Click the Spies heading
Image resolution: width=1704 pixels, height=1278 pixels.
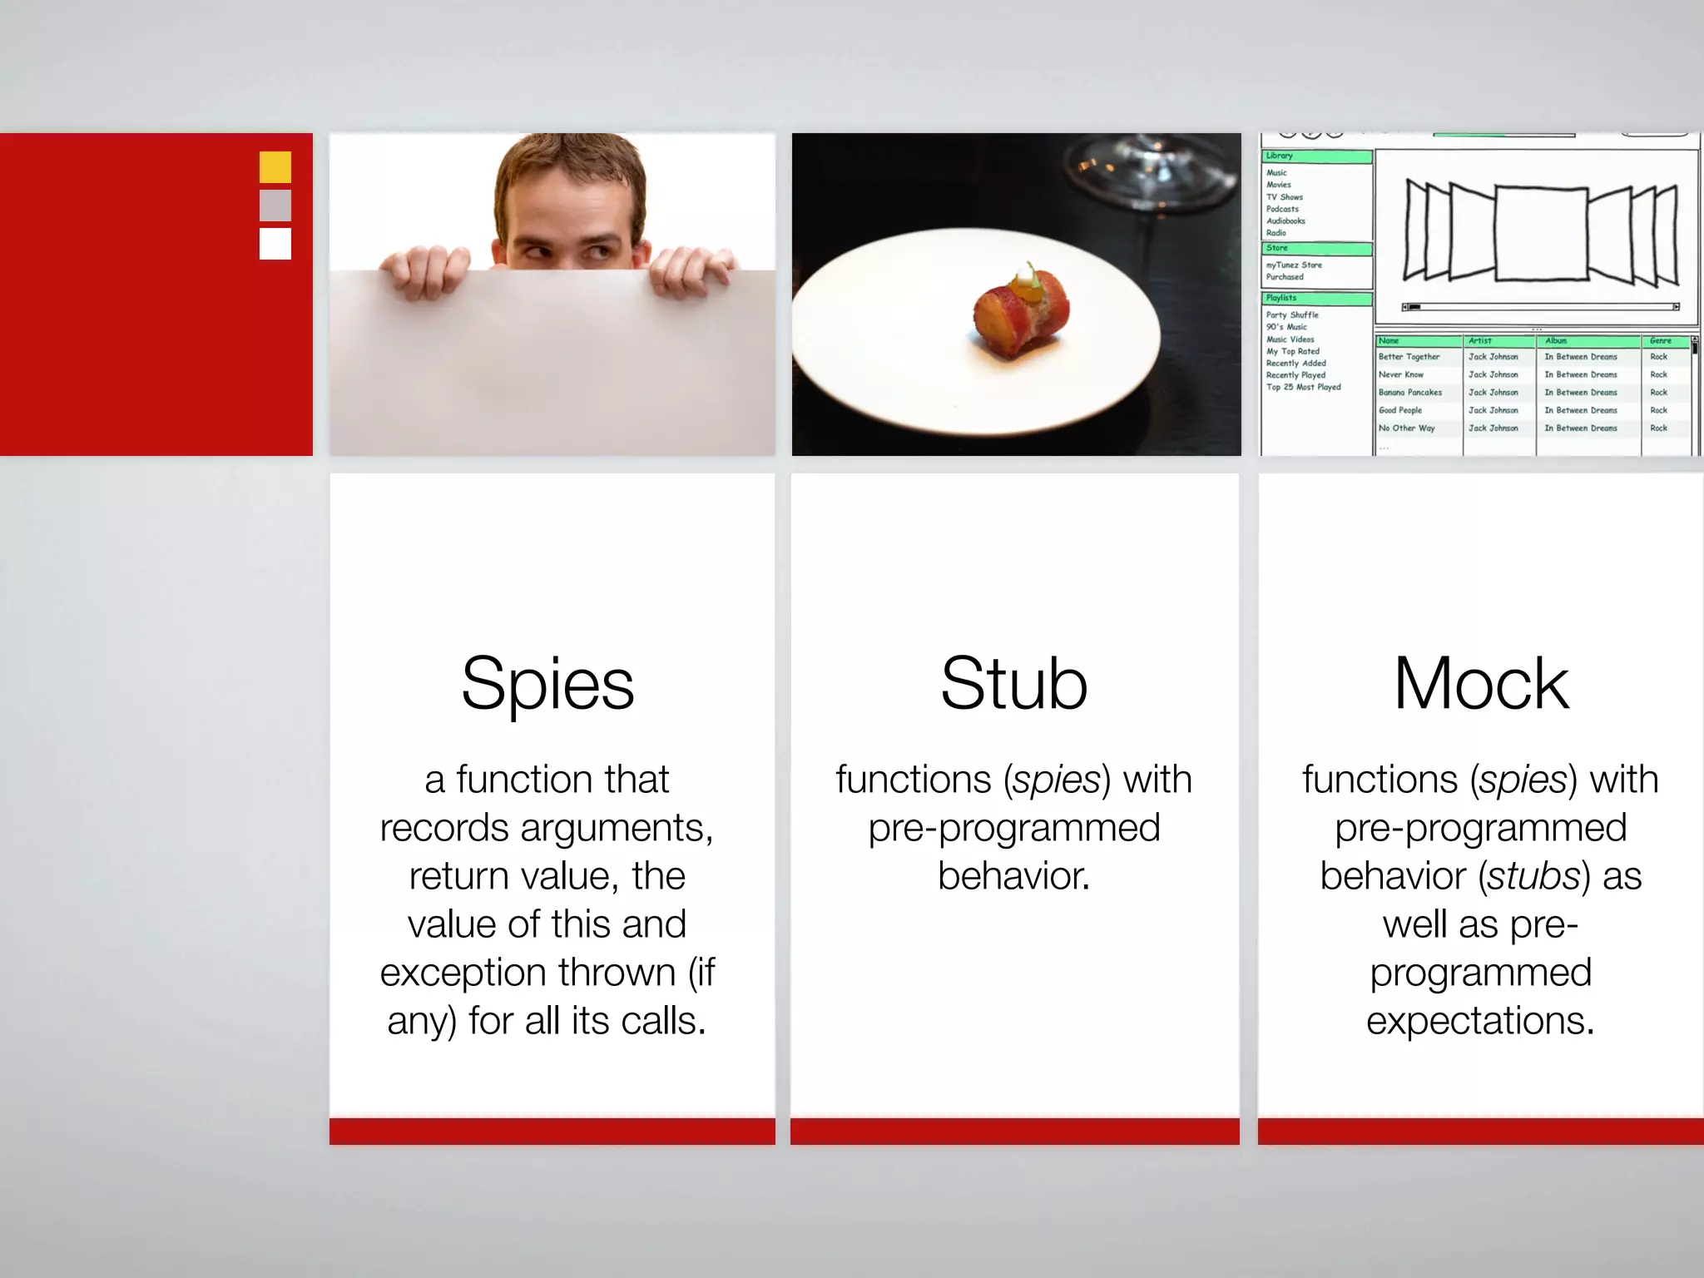pos(547,684)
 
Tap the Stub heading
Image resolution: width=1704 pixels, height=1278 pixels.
pos(1013,684)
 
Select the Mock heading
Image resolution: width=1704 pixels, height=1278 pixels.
pos(1481,684)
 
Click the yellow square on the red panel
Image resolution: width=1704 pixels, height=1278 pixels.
pos(275,167)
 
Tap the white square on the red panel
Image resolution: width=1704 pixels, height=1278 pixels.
pos(275,244)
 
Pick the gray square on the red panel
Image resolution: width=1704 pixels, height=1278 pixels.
pos(275,206)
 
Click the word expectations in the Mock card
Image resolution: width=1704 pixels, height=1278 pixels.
pos(1479,1021)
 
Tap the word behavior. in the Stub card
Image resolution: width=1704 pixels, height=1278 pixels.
pos(1013,876)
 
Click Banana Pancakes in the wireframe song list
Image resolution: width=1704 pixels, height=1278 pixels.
pos(1409,393)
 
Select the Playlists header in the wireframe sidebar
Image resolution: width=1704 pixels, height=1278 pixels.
pos(1281,298)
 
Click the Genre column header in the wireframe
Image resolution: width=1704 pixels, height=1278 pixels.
pos(1660,341)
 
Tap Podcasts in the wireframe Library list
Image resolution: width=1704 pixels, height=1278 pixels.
pos(1282,209)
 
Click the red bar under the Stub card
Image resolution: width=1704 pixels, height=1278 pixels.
pos(1014,1132)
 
